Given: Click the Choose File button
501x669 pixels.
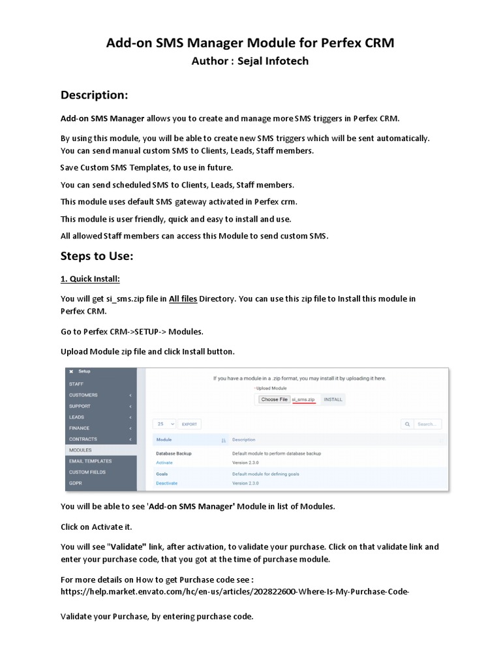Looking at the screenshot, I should (x=274, y=399).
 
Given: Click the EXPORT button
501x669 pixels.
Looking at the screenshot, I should (x=190, y=424).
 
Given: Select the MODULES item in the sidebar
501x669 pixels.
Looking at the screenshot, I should (x=80, y=450).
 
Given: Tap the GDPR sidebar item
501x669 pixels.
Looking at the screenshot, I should (x=76, y=483).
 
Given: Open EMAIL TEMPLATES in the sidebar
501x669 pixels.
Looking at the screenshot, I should (x=91, y=461).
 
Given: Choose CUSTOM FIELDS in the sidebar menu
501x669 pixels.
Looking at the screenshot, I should (x=87, y=472).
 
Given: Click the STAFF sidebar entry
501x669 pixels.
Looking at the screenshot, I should (x=76, y=384).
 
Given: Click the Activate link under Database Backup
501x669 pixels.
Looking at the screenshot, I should (x=164, y=463).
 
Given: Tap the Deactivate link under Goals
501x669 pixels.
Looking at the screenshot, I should (x=166, y=483).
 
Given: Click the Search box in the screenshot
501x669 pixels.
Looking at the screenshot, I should (x=426, y=424).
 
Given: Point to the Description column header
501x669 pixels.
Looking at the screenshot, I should (x=244, y=440).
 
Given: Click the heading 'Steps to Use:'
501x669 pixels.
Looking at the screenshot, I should (x=97, y=255).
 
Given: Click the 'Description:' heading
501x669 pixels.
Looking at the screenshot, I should (x=94, y=95).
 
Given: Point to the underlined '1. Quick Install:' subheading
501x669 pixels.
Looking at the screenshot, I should (x=90, y=279).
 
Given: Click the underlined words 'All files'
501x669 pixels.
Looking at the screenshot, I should (x=183, y=299).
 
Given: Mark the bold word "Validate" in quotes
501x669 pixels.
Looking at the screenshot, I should (x=128, y=547).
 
